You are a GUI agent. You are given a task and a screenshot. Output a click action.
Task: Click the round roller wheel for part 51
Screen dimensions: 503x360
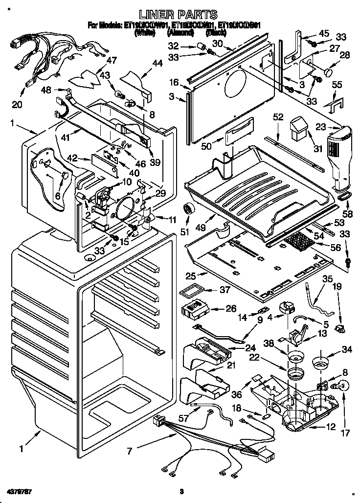click(x=188, y=210)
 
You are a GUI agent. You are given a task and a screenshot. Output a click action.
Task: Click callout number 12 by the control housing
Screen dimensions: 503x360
click(x=331, y=427)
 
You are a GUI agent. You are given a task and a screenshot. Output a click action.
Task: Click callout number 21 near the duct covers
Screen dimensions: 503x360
click(x=230, y=365)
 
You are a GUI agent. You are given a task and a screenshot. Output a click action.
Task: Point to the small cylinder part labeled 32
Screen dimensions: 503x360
click(x=200, y=46)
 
